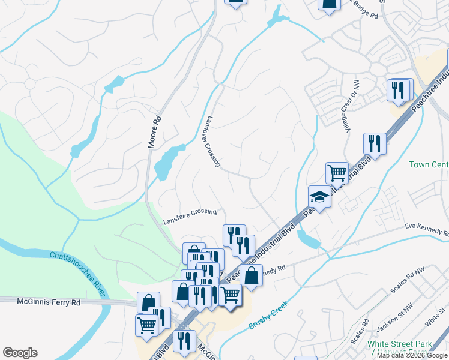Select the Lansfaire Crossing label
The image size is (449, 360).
pyautogui.click(x=190, y=217)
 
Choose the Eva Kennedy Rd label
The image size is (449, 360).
pyautogui.click(x=426, y=229)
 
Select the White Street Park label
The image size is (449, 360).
pyautogui.click(x=400, y=344)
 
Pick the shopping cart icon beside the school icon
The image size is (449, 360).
pyautogui.click(x=337, y=172)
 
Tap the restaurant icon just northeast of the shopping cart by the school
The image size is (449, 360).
pyautogui.click(x=375, y=143)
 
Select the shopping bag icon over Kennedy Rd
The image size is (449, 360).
pyautogui.click(x=252, y=275)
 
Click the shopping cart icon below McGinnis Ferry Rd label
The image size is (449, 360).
pyautogui.click(x=146, y=325)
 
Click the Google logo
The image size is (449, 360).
pyautogui.click(x=20, y=353)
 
